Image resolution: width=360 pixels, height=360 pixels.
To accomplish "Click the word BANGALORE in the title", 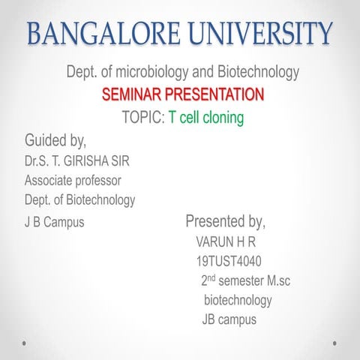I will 100,34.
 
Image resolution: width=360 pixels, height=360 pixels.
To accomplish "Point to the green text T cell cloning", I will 206,118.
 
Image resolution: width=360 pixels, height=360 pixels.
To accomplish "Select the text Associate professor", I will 73,180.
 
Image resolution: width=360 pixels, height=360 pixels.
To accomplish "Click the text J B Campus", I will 54,223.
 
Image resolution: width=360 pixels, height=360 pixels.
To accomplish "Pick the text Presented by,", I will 225,222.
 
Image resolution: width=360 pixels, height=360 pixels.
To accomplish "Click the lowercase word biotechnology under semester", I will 238,301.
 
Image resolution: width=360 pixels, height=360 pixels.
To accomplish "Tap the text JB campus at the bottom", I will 229,320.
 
